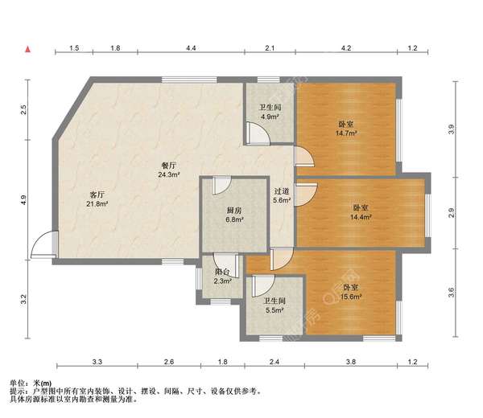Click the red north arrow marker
[x=28, y=50]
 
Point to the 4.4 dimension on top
[x=191, y=50]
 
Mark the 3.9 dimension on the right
[x=452, y=128]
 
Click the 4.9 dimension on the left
[x=25, y=199]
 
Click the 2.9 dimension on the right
[x=452, y=212]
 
